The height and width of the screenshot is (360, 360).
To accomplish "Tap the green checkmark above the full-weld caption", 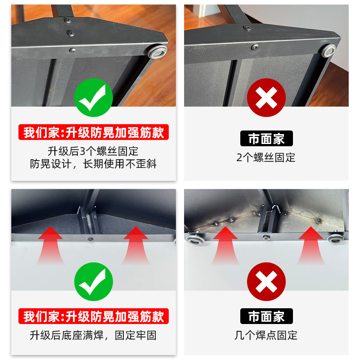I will tap(93, 282).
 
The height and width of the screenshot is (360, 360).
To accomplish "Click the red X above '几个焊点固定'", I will tap(266, 282).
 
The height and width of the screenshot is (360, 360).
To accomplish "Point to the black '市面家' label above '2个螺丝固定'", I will tap(266, 138).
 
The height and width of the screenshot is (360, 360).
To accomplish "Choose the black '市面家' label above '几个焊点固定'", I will tap(266, 316).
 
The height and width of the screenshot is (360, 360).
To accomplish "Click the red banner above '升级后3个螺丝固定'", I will tap(94, 133).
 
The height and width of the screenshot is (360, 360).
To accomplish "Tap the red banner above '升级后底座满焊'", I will tap(94, 316).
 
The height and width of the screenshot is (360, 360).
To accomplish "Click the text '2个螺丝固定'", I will tap(266, 157).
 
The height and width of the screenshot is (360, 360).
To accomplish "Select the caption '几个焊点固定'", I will tap(266, 335).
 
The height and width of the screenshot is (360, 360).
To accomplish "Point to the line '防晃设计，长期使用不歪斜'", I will tap(94, 164).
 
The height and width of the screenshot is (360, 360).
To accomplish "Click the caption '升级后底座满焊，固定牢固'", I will tap(94, 335).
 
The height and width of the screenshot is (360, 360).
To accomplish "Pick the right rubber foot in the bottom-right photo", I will tap(335, 238).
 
